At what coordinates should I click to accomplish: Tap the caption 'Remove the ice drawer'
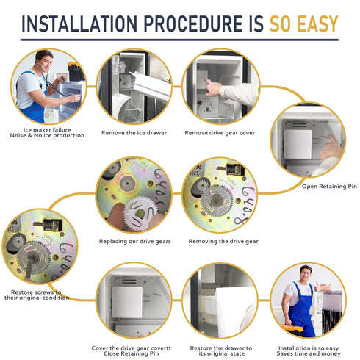point(134,133)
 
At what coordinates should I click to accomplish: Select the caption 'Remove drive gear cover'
point(220,133)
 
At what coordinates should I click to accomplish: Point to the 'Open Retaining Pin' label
point(329,187)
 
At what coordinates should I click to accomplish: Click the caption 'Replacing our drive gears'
point(135,241)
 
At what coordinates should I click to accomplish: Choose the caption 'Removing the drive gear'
point(223,241)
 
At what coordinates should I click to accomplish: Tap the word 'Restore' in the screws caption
point(21,292)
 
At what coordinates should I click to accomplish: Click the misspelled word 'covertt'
point(161,348)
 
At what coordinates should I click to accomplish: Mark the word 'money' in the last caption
point(331,353)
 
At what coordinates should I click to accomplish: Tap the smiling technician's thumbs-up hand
point(319,287)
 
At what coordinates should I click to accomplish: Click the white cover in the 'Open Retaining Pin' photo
point(298,144)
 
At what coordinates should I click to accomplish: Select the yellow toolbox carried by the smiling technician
point(292,330)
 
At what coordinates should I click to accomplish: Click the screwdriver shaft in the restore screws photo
point(29,268)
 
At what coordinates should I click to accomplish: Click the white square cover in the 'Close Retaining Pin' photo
point(127,302)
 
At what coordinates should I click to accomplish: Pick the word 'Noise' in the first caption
point(18,135)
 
